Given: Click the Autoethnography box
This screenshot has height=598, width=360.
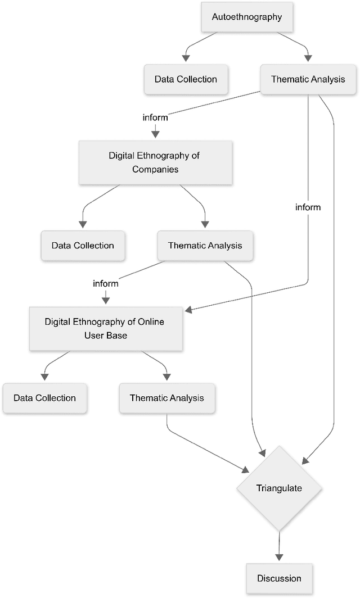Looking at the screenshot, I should point(246,17).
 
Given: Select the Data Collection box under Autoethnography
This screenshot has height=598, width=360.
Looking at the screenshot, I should point(186,79).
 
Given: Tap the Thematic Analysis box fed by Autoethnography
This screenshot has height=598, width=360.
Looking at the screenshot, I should point(308,79).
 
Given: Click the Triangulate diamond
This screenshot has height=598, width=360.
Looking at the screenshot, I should point(279,488).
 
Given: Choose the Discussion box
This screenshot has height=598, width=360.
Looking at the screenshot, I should point(279,578).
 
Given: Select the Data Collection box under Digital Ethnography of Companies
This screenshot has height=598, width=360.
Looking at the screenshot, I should point(83,245).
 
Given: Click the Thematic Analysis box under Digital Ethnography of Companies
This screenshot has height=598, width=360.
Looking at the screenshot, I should point(205,245).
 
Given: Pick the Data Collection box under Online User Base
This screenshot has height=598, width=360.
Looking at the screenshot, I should point(44,398).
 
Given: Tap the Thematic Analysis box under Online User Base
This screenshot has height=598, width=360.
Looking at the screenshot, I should point(166,398).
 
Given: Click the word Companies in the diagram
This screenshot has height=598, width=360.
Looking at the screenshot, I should point(155,169).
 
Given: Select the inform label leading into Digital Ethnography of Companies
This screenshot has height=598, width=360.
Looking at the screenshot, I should point(155,117).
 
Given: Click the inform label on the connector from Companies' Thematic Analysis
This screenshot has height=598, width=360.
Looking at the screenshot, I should point(106,283).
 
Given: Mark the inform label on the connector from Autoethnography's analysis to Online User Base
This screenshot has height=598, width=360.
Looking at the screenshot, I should point(308,207).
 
